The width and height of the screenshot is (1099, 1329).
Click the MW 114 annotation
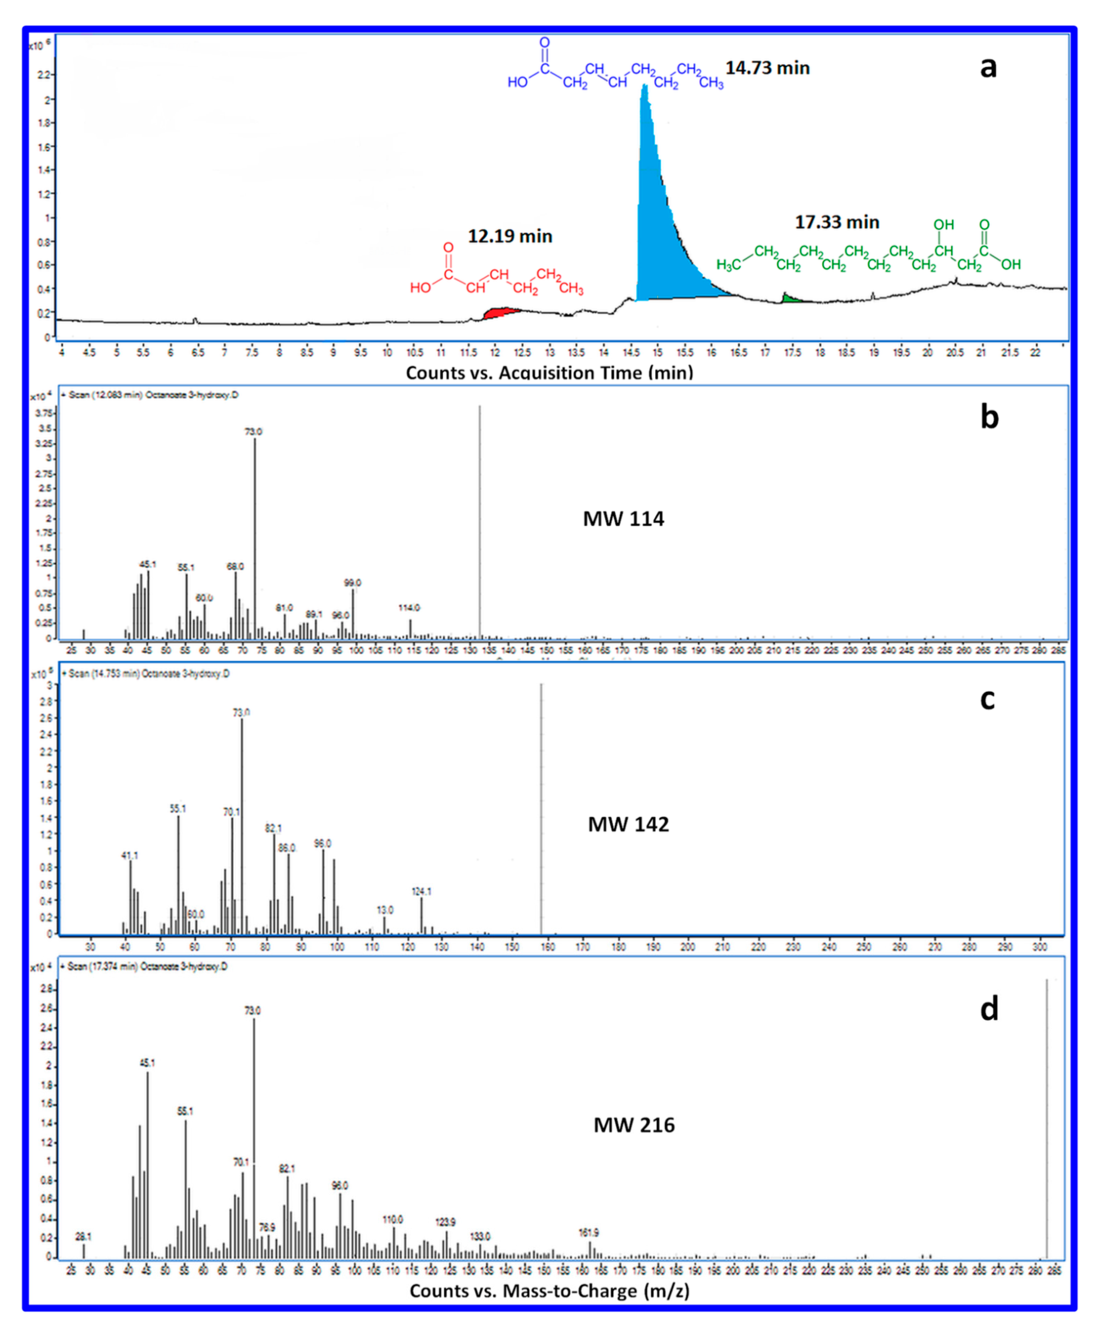tap(623, 519)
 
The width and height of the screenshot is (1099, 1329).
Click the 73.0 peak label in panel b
tap(253, 432)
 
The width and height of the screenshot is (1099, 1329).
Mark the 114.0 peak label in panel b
tap(409, 607)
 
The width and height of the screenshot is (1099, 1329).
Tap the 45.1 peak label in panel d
tap(147, 1063)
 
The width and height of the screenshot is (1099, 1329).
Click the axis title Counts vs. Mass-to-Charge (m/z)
tap(549, 1291)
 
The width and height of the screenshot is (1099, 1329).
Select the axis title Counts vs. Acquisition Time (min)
tap(549, 373)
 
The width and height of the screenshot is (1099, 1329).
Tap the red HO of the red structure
tap(420, 288)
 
